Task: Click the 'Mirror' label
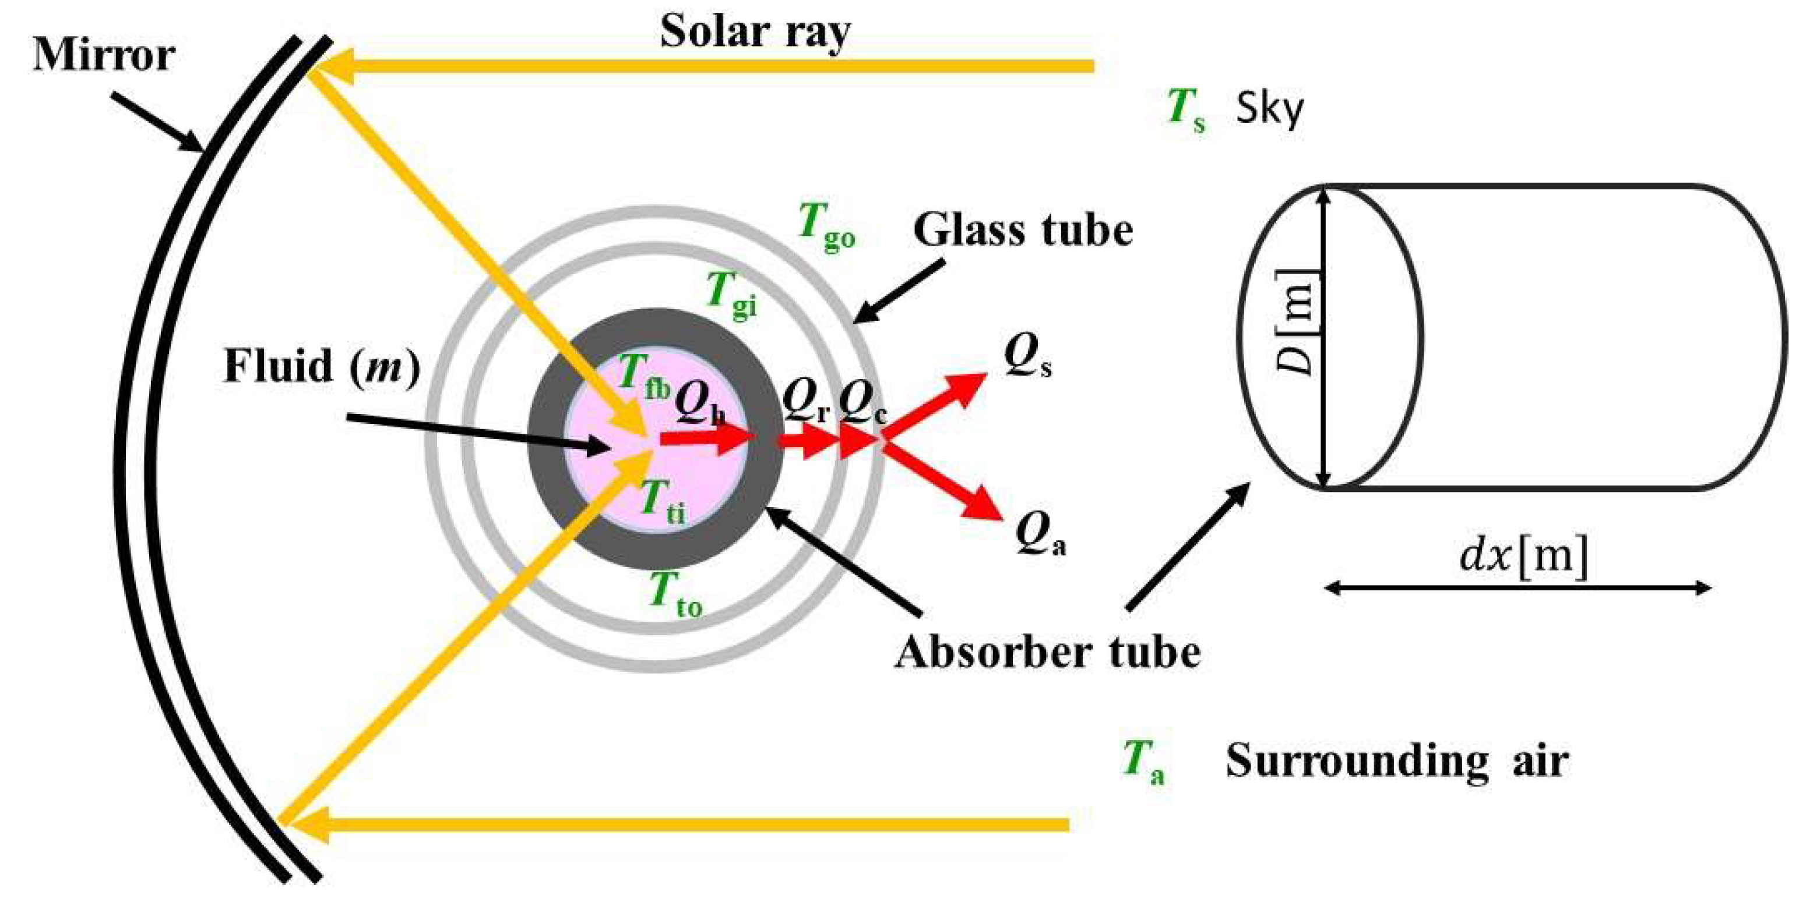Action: [x=103, y=56]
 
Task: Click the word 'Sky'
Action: [x=1269, y=110]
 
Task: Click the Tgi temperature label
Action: [x=730, y=295]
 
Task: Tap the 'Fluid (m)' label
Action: [x=322, y=366]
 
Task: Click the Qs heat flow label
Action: [x=1027, y=356]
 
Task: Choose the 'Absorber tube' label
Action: [x=1048, y=653]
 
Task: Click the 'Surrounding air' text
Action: [x=1397, y=760]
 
